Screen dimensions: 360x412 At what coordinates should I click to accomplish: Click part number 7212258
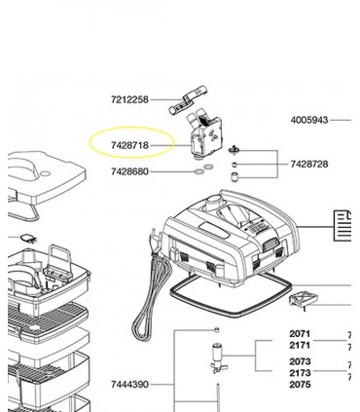129,99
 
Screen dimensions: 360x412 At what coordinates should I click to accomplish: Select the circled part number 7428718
129,145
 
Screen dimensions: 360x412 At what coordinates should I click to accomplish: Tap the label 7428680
129,171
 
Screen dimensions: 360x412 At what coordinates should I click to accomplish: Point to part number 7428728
309,165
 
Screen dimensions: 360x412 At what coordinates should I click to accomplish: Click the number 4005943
309,120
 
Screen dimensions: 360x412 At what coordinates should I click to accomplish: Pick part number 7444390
129,385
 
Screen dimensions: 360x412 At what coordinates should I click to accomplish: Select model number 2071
300,334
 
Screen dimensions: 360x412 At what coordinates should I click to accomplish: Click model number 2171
300,345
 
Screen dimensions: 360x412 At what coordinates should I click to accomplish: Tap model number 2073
300,361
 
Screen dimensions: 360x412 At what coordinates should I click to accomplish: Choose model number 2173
300,373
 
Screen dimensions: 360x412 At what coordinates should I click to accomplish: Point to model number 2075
300,385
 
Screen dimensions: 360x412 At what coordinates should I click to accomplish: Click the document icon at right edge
342,226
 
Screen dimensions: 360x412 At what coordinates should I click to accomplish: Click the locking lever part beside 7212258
188,100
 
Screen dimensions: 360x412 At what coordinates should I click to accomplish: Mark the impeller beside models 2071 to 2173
218,358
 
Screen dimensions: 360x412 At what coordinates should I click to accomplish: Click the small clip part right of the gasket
303,299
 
